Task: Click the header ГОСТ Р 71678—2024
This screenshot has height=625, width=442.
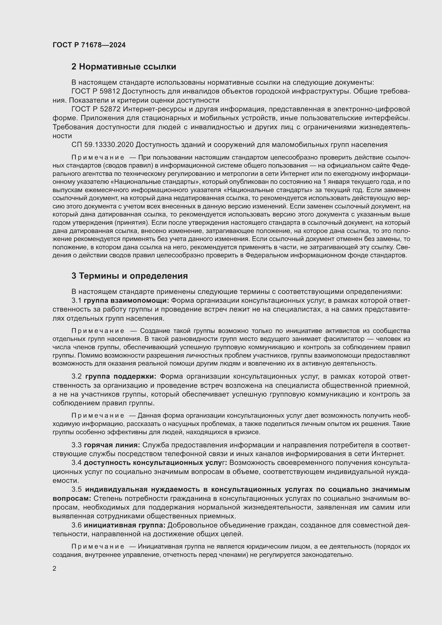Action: coord(89,45)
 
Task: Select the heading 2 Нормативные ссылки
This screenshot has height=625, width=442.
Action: coord(123,67)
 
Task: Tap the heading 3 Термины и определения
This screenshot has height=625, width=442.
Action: coord(130,276)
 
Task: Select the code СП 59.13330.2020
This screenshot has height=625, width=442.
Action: coord(102,145)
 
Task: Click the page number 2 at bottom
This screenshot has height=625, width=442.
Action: coord(55,568)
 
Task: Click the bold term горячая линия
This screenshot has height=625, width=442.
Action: coord(112,445)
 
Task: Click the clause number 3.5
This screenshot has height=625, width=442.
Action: coord(76,489)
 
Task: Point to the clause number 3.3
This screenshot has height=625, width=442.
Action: coord(76,445)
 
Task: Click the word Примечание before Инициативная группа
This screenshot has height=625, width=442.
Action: coord(98,547)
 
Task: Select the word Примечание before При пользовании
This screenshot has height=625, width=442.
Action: coord(98,157)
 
